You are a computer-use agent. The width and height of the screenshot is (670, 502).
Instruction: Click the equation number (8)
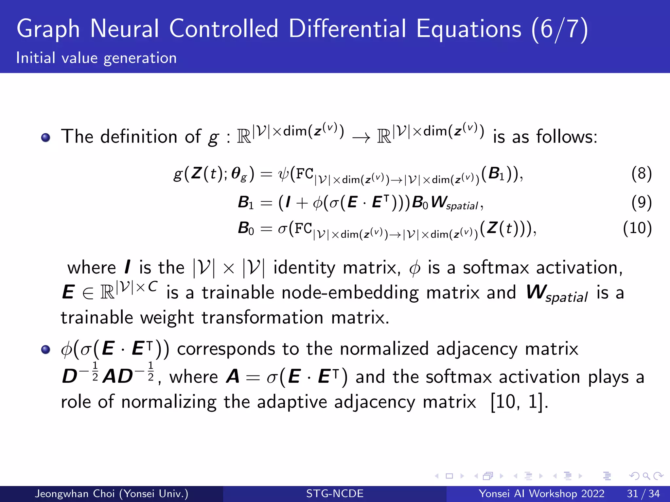pos(641,174)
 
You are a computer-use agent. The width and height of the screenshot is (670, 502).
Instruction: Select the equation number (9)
pos(641,203)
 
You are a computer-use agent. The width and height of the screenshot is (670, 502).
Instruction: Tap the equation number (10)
pos(637,228)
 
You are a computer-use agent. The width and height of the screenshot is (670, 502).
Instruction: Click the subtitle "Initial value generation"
pos(97,58)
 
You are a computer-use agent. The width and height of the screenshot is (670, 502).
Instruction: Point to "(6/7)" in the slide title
pos(559,29)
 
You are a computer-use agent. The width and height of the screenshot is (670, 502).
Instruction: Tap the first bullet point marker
pos(46,137)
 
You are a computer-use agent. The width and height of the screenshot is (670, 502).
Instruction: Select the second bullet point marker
pos(46,349)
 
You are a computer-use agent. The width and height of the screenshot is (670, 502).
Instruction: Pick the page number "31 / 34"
pos(643,494)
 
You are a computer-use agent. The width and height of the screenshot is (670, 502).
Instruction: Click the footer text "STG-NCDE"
pos(335,494)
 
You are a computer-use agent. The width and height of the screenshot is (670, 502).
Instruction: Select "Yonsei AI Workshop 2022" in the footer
pos(541,494)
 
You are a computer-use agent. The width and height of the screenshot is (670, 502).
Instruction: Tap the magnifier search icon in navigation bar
pos(646,476)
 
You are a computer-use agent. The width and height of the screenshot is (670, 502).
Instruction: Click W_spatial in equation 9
pos(455,203)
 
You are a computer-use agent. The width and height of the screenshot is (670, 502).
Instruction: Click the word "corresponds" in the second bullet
pos(226,349)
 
